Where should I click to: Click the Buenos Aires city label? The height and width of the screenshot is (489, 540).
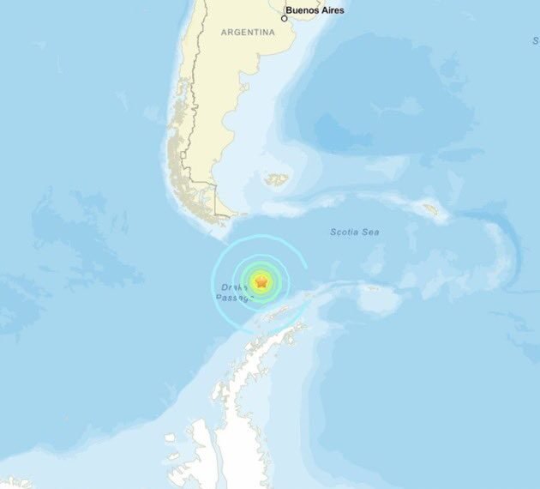(x=315, y=11)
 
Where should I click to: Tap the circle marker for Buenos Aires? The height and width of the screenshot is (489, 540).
(x=285, y=17)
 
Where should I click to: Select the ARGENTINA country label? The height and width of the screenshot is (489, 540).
(x=248, y=32)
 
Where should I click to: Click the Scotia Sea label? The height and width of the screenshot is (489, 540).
(x=355, y=232)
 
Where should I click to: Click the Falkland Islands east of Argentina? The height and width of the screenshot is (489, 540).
(x=276, y=180)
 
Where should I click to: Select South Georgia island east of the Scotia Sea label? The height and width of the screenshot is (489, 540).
(x=430, y=209)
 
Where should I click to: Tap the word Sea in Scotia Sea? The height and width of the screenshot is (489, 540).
(x=371, y=232)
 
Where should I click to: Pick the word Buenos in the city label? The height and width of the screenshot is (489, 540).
(x=303, y=11)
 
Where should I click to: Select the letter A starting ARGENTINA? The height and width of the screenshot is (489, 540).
(x=224, y=32)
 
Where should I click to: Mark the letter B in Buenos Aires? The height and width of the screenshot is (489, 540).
(x=290, y=11)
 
